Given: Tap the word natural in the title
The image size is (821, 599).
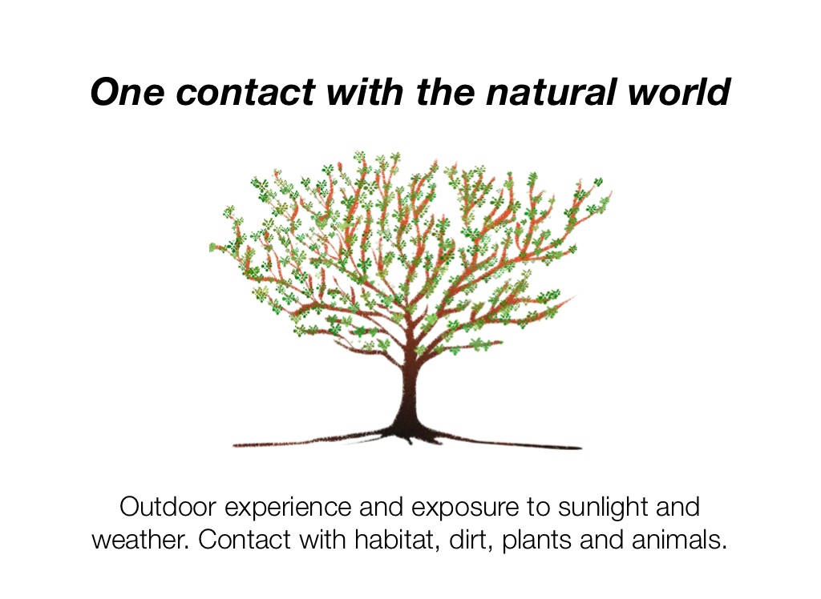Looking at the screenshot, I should click(x=569, y=93).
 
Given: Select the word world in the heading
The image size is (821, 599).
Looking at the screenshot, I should click(x=689, y=93).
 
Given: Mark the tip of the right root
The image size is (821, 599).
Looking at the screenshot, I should click(x=579, y=448).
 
